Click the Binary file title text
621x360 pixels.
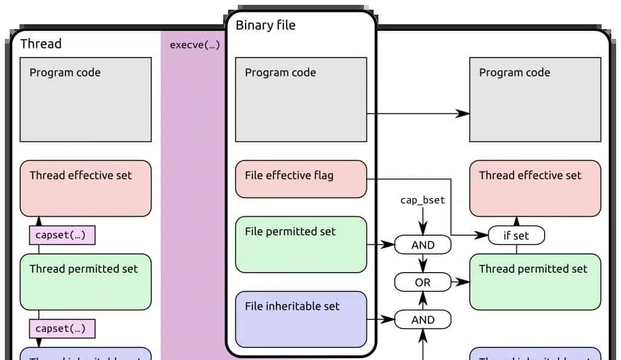pyautogui.click(x=265, y=25)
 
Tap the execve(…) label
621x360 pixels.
pyautogui.click(x=194, y=45)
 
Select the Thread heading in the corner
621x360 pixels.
pyautogui.click(x=41, y=44)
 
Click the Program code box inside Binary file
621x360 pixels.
pyautogui.click(x=301, y=99)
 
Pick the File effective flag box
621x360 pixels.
pyautogui.click(x=301, y=179)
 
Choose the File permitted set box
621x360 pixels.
pyautogui.click(x=301, y=244)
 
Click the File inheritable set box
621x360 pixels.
pyautogui.click(x=301, y=319)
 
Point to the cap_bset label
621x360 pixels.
pyautogui.click(x=423, y=200)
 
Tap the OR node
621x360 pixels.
pyautogui.click(x=423, y=282)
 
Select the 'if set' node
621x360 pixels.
pyautogui.click(x=516, y=235)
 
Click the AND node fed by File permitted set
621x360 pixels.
pyautogui.click(x=423, y=245)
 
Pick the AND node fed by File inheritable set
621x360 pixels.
pyautogui.click(x=423, y=319)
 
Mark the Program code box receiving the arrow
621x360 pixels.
pyautogui.click(x=535, y=99)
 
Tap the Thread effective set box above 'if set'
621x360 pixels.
pyautogui.click(x=535, y=188)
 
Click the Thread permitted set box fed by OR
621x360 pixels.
pyautogui.click(x=535, y=282)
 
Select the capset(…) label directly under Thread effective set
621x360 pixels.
pyautogui.click(x=62, y=235)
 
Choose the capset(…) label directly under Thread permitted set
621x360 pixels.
pyautogui.click(x=62, y=329)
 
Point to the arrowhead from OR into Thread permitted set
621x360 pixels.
pyautogui.click(x=463, y=282)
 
